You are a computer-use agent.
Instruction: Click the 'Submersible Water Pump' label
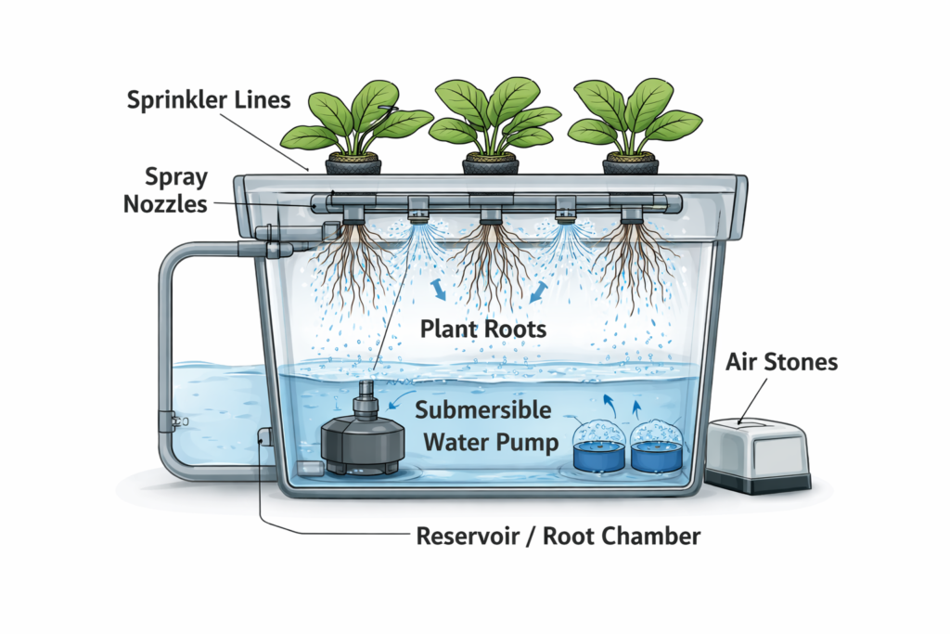(482, 425)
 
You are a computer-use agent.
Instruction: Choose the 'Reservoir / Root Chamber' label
(558, 536)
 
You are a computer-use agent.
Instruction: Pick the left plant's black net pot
(353, 165)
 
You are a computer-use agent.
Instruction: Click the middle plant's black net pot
(491, 165)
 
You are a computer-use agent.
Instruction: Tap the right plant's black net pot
(630, 165)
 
